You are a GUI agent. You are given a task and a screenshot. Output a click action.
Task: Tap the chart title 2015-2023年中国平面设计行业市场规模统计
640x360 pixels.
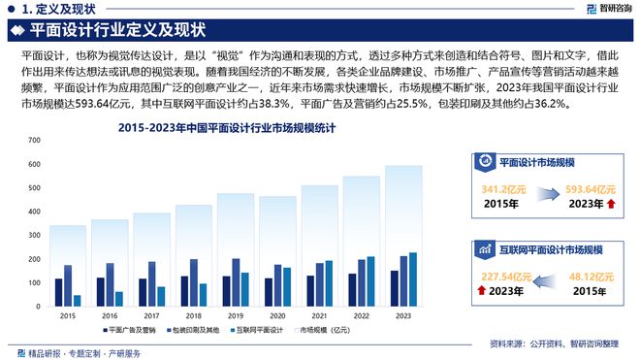(231, 127)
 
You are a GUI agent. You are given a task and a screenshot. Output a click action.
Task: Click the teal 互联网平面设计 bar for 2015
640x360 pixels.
(78, 300)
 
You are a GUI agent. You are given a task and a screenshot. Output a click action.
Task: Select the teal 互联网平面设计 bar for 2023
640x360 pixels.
(413, 279)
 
